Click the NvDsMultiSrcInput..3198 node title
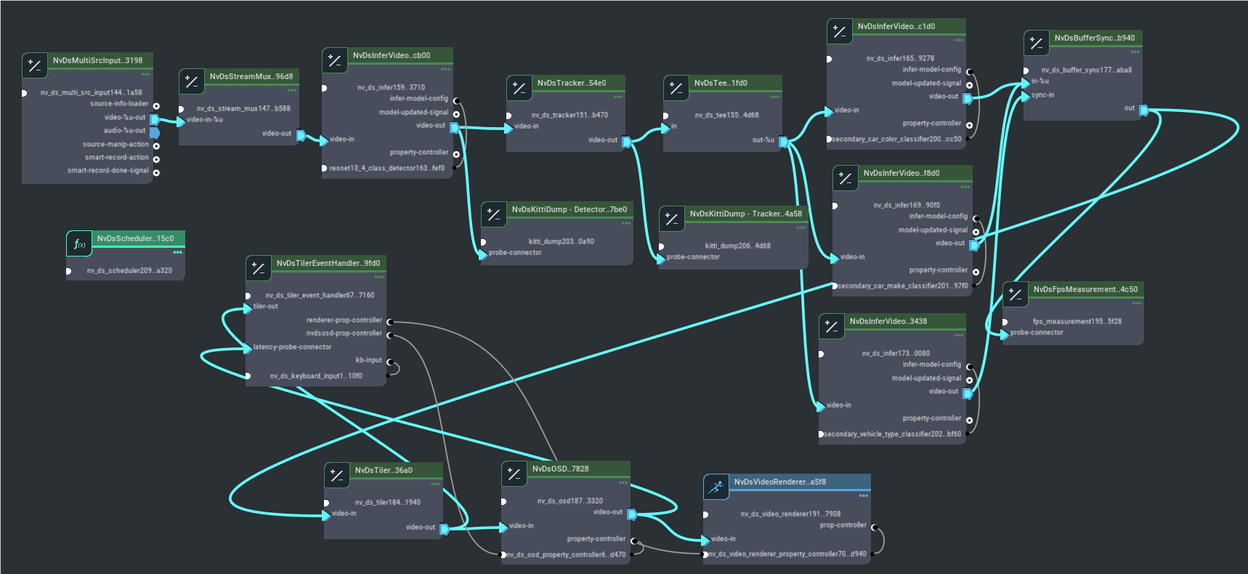click(97, 60)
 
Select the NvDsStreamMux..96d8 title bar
click(251, 76)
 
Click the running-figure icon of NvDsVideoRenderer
click(716, 487)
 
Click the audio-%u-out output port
click(155, 132)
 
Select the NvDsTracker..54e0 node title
click(571, 83)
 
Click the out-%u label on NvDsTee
click(763, 140)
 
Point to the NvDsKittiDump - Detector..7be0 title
click(569, 209)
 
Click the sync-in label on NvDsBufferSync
click(1042, 95)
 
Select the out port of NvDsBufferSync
click(1143, 110)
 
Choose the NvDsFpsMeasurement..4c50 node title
click(1085, 289)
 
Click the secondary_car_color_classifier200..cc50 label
click(896, 139)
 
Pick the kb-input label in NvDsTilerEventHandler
click(368, 360)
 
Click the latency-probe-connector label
click(292, 347)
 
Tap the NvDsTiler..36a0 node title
click(384, 470)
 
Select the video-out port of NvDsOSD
click(632, 514)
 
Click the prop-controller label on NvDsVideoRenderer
click(843, 525)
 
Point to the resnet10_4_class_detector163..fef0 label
click(386, 168)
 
